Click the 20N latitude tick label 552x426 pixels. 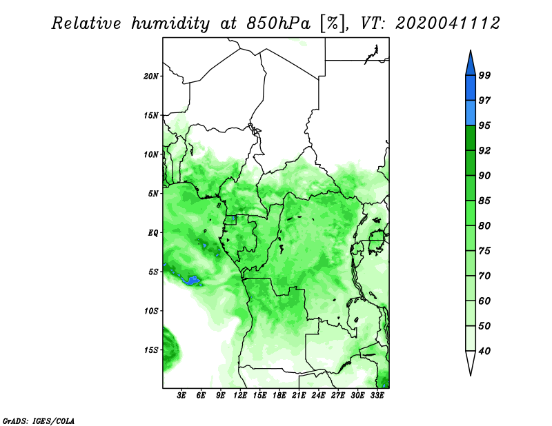(x=150, y=77)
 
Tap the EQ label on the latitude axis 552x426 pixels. (x=152, y=233)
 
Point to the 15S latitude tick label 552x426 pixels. (x=150, y=350)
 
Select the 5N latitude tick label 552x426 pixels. (x=153, y=194)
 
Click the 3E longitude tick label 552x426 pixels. (x=181, y=396)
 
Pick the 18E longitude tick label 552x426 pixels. (x=279, y=396)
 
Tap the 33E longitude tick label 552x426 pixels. (x=377, y=396)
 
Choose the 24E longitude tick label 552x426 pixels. (x=318, y=396)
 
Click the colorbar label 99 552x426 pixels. (x=484, y=75)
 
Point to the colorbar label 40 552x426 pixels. (x=484, y=351)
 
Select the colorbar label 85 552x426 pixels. (x=484, y=201)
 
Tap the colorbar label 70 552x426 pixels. (x=484, y=276)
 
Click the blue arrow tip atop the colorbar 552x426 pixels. (x=471, y=50)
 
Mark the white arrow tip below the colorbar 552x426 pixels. (x=471, y=375)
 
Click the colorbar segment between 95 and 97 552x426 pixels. (x=471, y=113)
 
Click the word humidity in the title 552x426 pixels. (x=170, y=23)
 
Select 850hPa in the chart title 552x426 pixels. (x=279, y=23)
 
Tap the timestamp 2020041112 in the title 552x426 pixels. (x=447, y=23)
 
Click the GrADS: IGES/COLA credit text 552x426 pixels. (x=39, y=420)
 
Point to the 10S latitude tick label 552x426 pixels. (x=150, y=311)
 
